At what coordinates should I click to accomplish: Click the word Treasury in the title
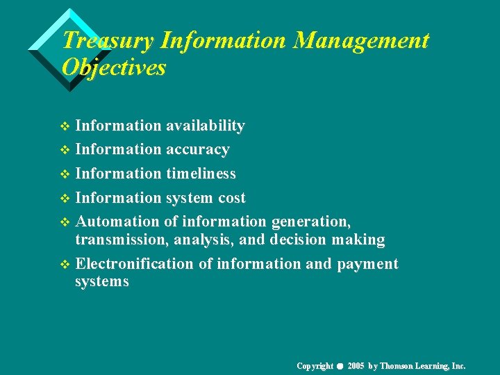click(x=108, y=41)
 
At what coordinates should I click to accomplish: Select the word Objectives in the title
click(x=114, y=68)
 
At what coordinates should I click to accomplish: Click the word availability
click(x=205, y=126)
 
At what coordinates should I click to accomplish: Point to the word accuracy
click(x=197, y=149)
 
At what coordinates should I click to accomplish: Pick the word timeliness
click(x=201, y=174)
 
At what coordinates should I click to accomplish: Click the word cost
click(x=232, y=198)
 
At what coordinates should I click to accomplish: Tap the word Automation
click(x=117, y=222)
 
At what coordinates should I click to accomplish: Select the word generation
click(x=310, y=222)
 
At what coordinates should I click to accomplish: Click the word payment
click(x=368, y=264)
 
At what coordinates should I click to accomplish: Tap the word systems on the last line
click(x=101, y=281)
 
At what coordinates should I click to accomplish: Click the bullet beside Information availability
click(x=65, y=126)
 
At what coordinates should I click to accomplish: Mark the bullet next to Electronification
click(x=65, y=265)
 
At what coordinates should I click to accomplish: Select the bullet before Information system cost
click(x=65, y=199)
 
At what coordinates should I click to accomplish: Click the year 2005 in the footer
click(x=355, y=366)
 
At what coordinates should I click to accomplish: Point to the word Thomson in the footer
click(x=397, y=366)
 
